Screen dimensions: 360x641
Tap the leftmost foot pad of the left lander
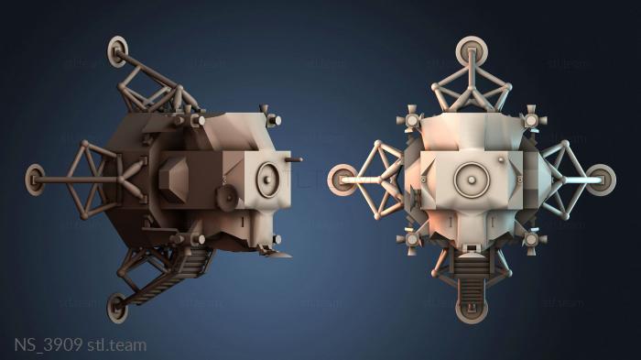pyautogui.click(x=36, y=173)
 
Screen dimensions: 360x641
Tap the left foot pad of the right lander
pyautogui.click(x=343, y=179)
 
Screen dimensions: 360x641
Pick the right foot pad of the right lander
pyautogui.click(x=600, y=178)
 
